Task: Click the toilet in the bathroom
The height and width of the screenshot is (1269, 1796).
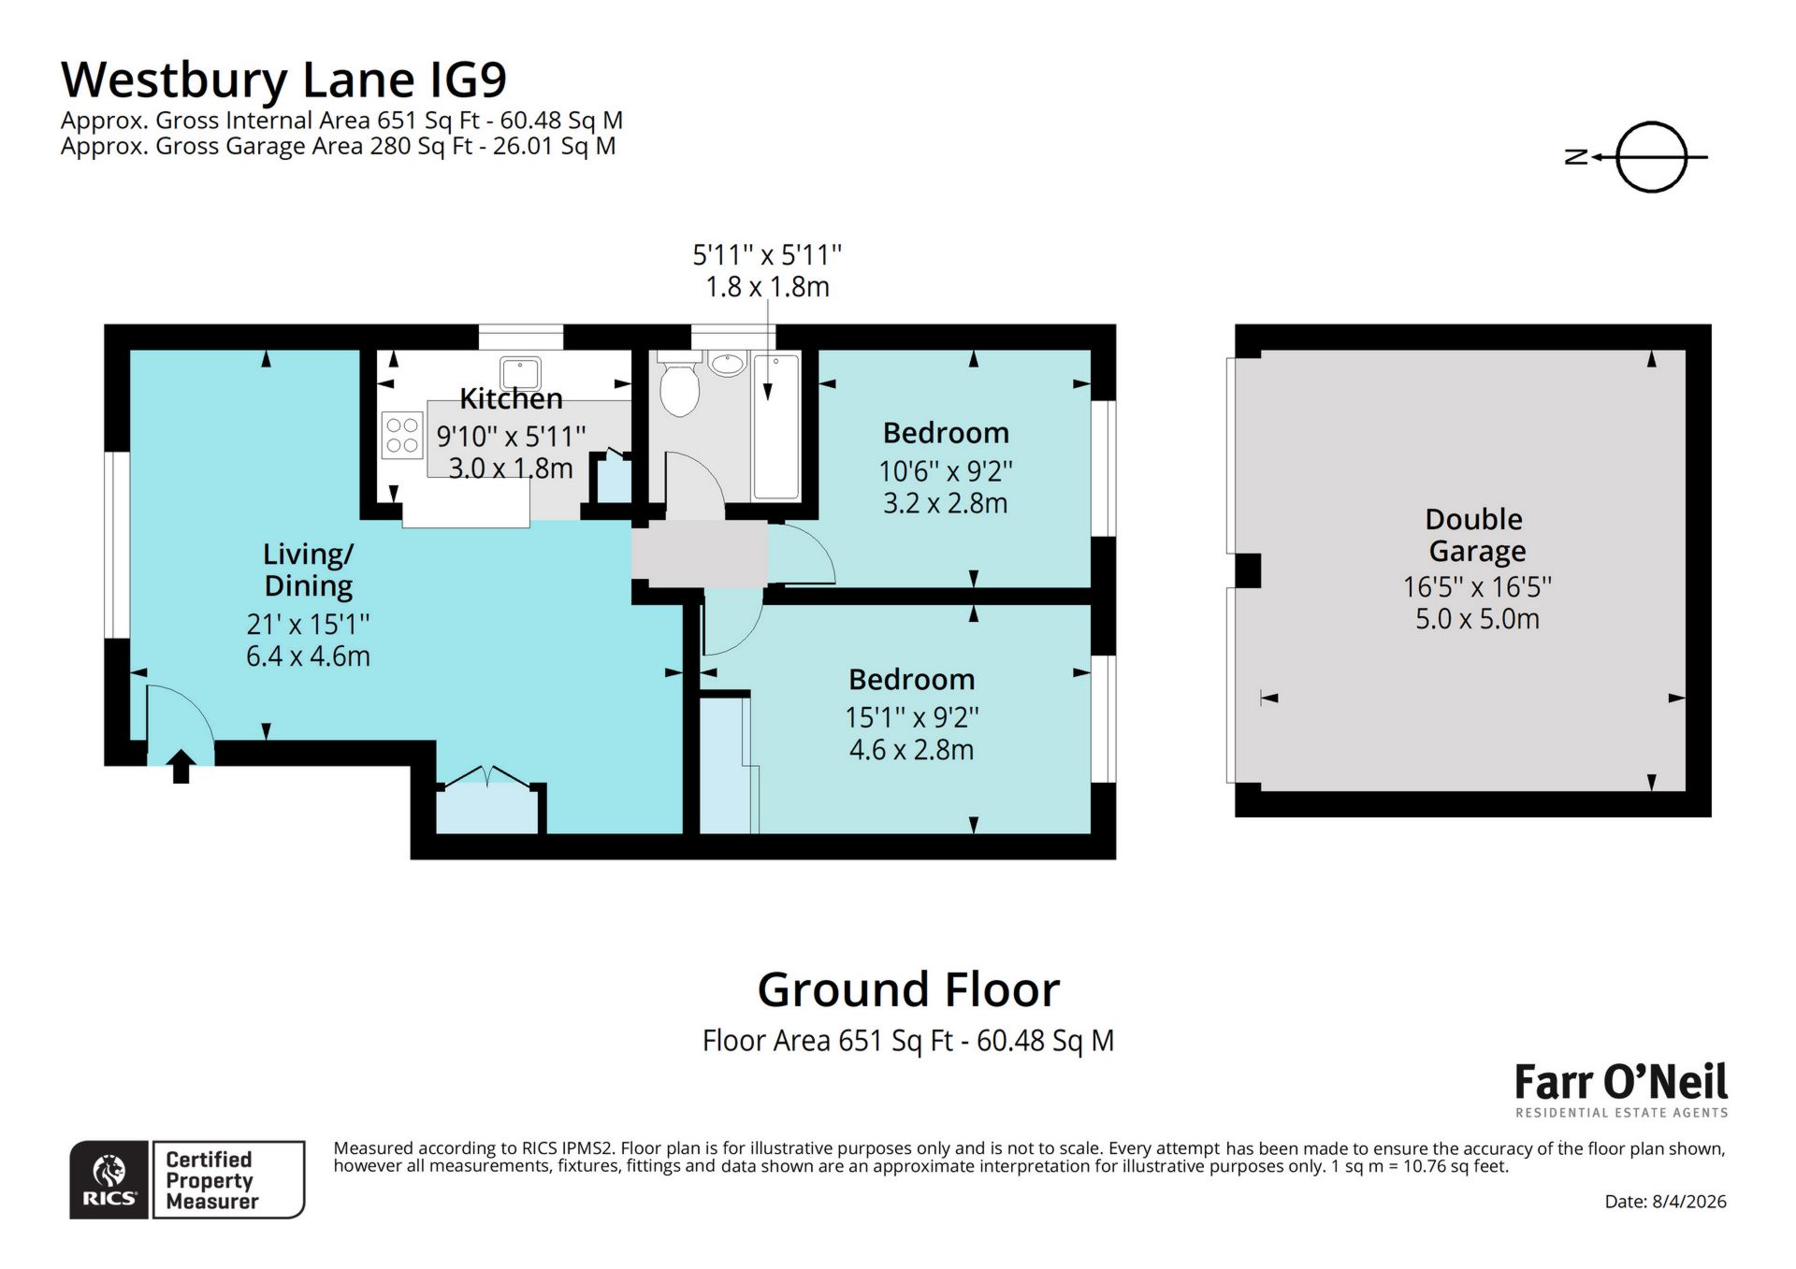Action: (x=679, y=386)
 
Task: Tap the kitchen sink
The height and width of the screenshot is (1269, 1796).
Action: (x=519, y=372)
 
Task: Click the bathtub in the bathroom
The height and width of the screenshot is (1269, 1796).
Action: (x=776, y=426)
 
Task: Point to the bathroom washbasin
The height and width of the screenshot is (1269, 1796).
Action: (x=726, y=363)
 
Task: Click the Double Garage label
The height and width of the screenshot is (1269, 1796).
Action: (x=1475, y=535)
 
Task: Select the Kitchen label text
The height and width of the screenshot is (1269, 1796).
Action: (x=511, y=399)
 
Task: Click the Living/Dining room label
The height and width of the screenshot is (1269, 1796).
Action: (x=308, y=570)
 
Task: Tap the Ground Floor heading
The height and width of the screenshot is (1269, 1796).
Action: (x=907, y=989)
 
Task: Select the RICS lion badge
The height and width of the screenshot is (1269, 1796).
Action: (x=109, y=1179)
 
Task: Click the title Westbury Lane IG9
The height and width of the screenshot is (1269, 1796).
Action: (x=283, y=79)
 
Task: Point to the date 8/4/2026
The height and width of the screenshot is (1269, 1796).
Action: (x=1665, y=1202)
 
